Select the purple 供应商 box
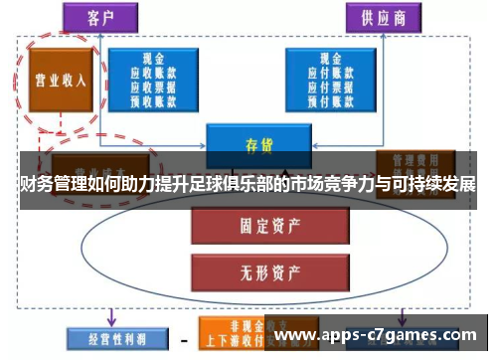click(382, 17)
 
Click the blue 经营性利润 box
click(109, 337)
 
